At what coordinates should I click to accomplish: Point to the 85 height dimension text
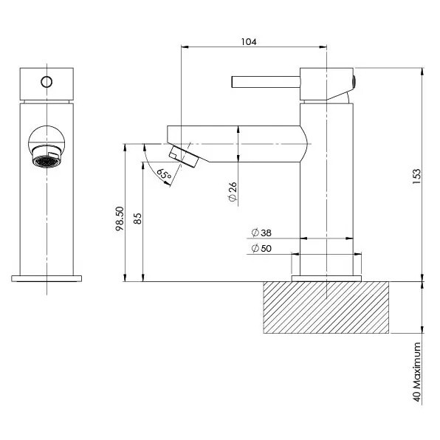tap(137, 219)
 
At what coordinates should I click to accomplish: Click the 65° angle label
tap(163, 175)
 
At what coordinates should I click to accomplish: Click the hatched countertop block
tap(325, 307)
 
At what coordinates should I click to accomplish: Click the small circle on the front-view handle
tap(47, 81)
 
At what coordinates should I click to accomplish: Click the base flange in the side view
tap(326, 278)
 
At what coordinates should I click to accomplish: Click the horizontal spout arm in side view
tap(236, 141)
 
